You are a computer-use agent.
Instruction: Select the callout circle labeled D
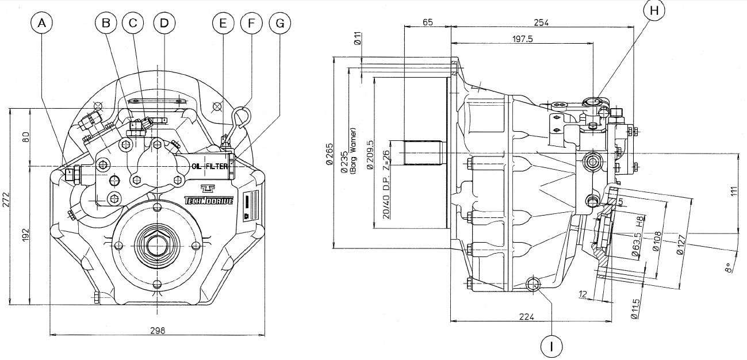[164, 23]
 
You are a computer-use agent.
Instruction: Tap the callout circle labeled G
[279, 23]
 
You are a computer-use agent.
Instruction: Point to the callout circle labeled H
[654, 10]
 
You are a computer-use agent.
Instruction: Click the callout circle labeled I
[551, 346]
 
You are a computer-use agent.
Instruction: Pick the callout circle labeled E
[223, 23]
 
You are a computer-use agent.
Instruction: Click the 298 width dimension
[157, 331]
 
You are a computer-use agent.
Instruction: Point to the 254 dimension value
[541, 22]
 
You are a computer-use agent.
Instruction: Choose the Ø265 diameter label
[329, 155]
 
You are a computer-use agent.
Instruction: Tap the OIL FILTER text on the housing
[210, 166]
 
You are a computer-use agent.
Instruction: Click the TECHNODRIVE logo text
[209, 200]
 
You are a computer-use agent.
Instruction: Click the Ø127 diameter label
[681, 244]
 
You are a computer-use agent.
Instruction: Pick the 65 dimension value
[427, 22]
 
